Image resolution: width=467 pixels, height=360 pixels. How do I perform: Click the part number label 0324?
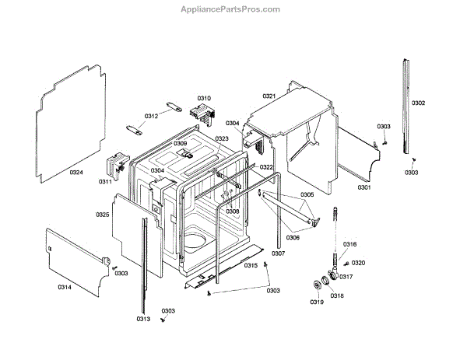75,172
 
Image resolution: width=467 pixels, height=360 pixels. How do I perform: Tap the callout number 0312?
151,116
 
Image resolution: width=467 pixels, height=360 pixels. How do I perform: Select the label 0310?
204,98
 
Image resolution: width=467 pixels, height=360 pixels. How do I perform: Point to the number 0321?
269,96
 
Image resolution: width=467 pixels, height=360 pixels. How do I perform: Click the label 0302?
418,103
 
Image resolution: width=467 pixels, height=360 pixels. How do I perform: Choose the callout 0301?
364,187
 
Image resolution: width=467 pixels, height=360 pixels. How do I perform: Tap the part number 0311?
105,182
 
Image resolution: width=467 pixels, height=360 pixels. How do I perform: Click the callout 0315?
251,266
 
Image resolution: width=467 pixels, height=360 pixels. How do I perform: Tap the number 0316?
349,245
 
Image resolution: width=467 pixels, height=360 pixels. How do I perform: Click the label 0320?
358,264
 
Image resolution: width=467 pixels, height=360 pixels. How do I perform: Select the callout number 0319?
317,302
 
